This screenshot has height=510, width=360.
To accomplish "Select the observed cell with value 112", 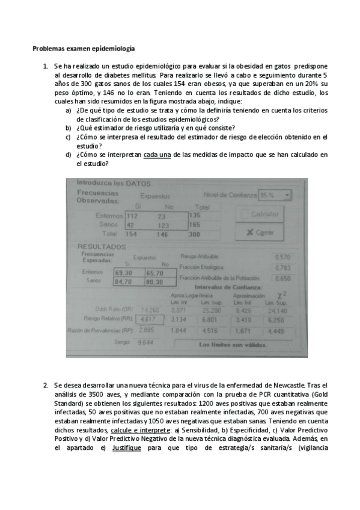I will tap(133, 215).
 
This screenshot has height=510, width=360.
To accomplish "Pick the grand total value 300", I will tap(194, 233).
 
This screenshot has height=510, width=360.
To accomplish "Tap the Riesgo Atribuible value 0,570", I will tap(282, 257).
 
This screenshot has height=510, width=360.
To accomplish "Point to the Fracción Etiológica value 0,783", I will tap(282, 268).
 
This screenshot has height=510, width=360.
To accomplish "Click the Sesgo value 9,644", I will tap(145, 342).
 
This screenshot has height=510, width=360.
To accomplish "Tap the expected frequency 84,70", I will tap(125, 281).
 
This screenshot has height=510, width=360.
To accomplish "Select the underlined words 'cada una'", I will tap(157, 155).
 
